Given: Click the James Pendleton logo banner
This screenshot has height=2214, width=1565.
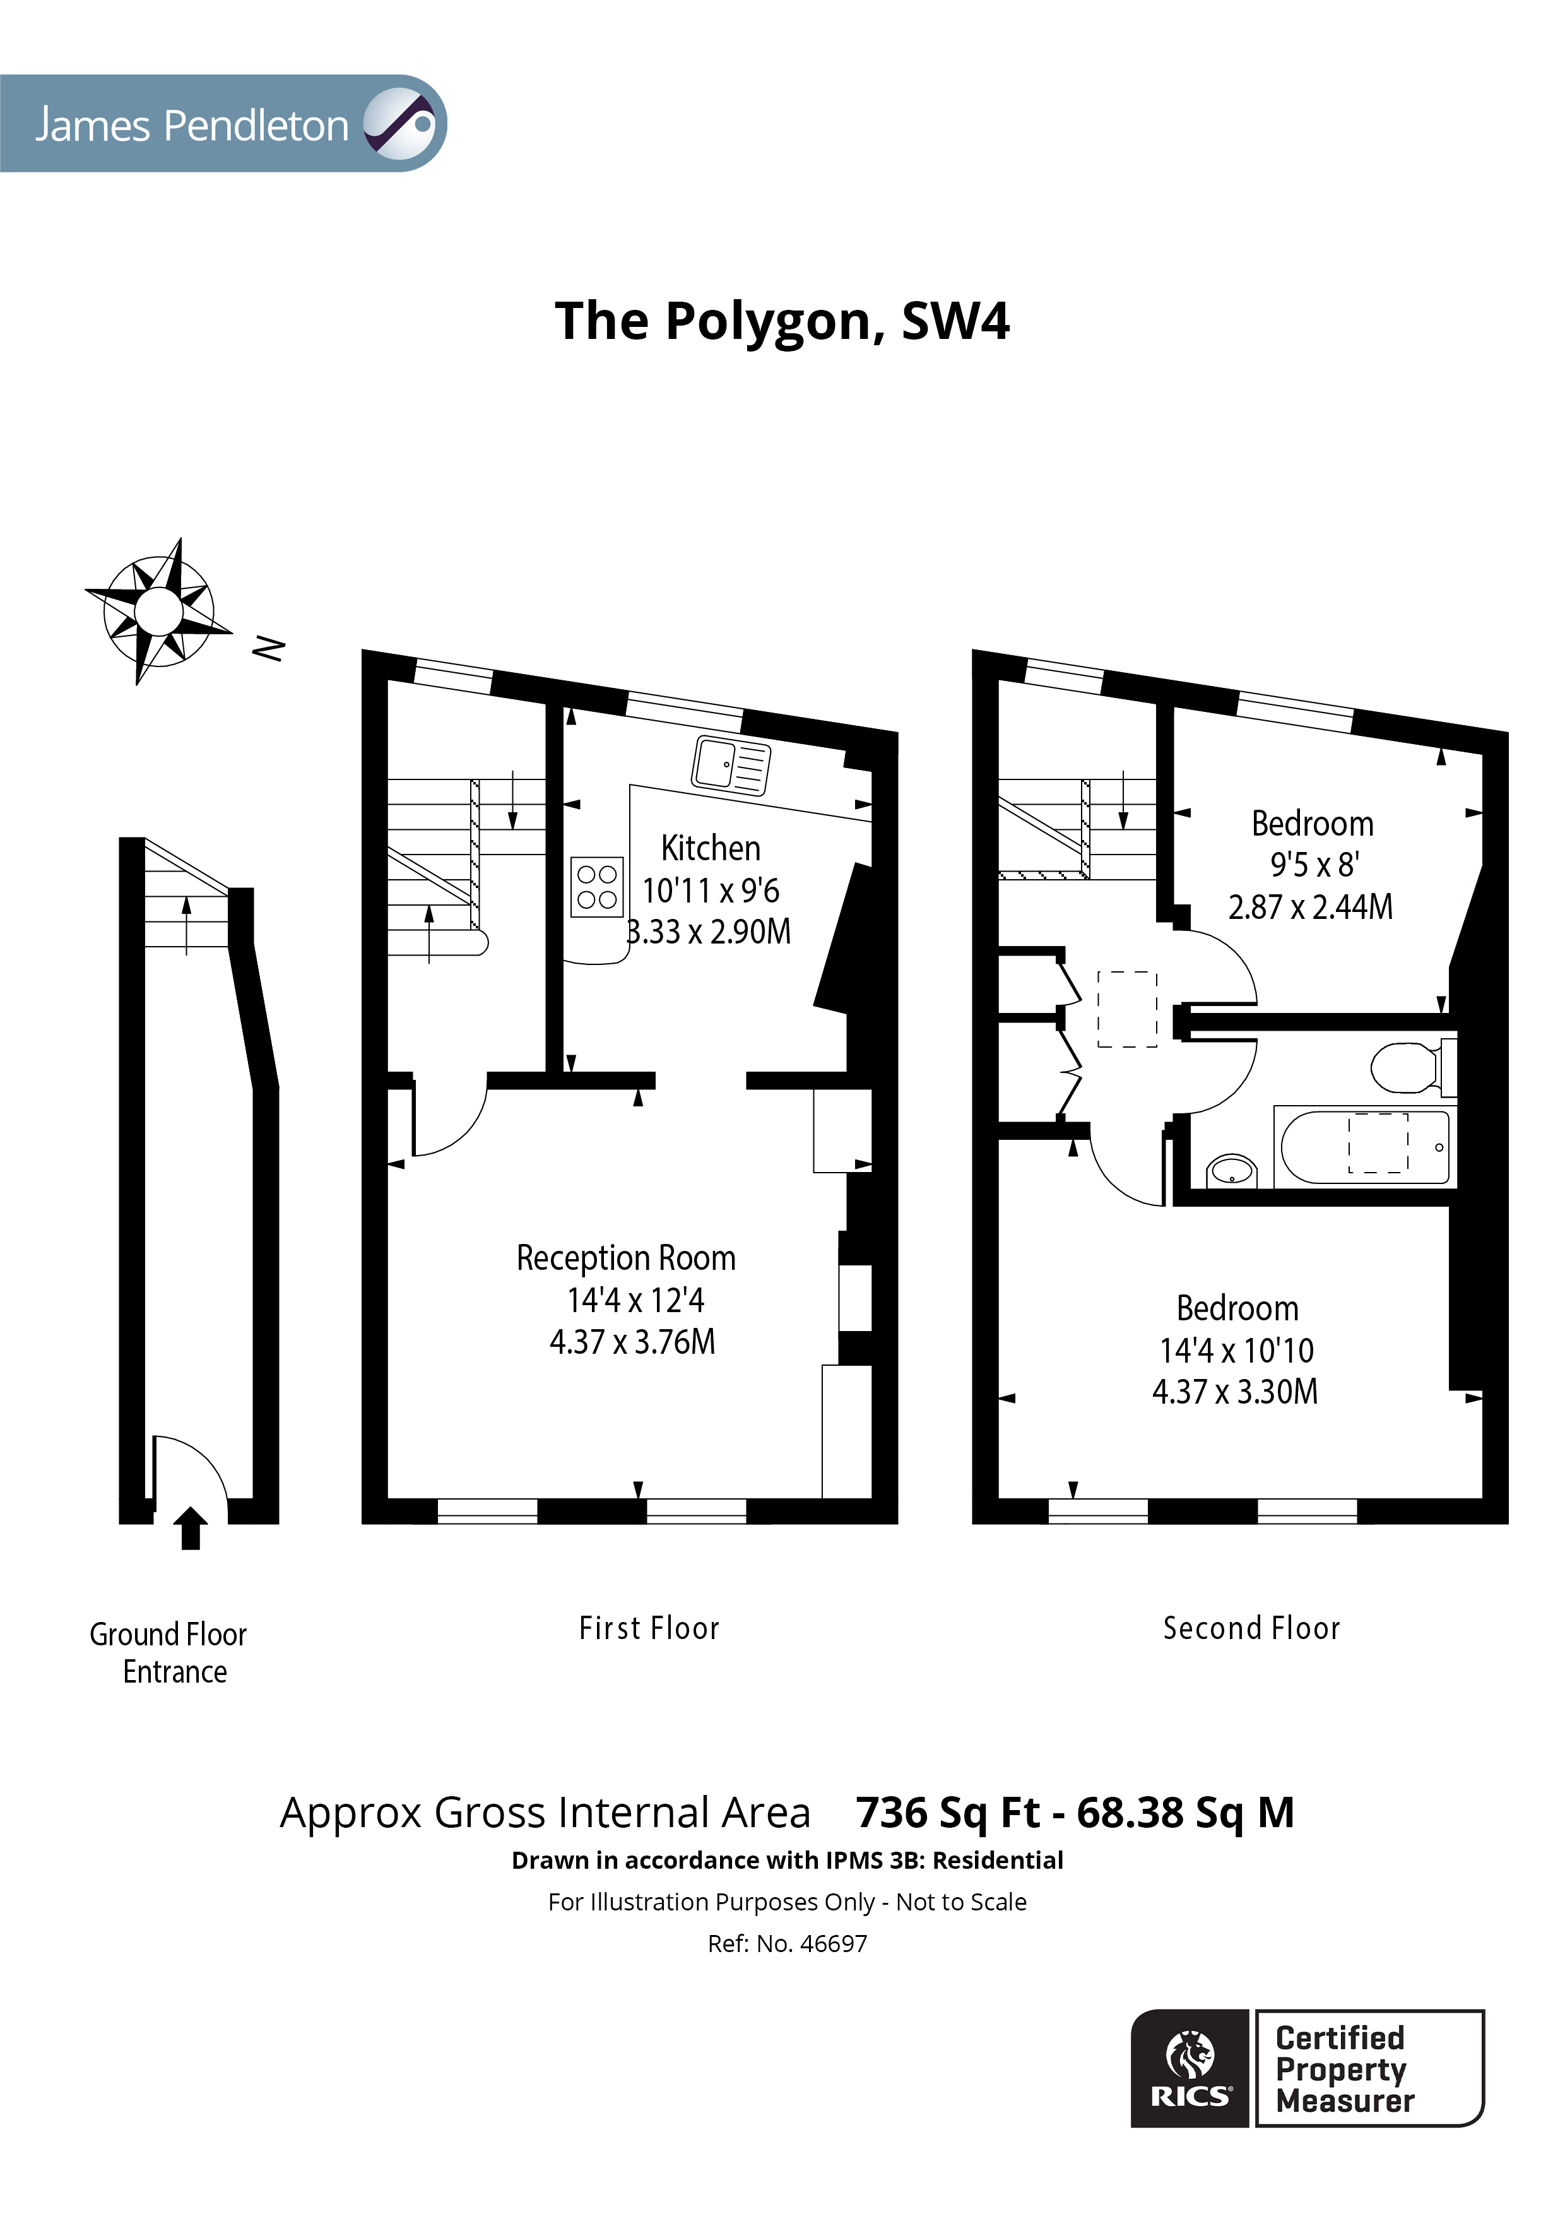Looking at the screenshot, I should [x=221, y=124].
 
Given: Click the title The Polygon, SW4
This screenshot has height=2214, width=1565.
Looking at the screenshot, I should [x=782, y=321].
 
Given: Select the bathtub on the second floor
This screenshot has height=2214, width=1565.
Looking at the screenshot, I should [x=1364, y=1147].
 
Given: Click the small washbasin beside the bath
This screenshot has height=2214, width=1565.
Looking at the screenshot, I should [x=1231, y=1171].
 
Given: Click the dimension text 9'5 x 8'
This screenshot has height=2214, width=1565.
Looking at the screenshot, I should [x=1313, y=865].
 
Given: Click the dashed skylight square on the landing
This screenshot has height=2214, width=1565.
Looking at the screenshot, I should [x=1127, y=1009].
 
